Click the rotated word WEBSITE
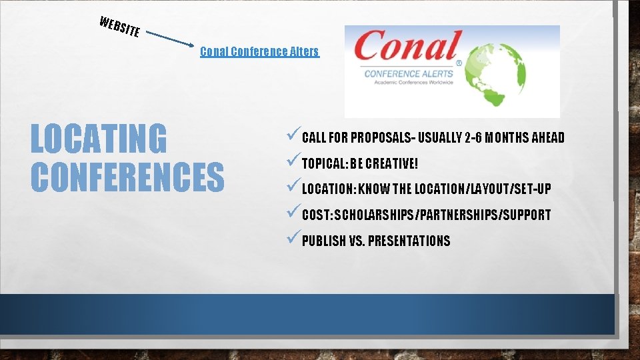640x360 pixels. [119, 25]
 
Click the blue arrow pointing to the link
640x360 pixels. [171, 39]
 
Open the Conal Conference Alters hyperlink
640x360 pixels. [259, 51]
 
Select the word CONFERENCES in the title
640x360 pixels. [127, 176]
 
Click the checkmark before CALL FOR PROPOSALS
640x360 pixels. [292, 137]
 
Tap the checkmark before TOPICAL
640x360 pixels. [292, 163]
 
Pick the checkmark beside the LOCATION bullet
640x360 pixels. [292, 188]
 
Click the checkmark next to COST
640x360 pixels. [292, 214]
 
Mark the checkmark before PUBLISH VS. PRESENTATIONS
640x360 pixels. [292, 240]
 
